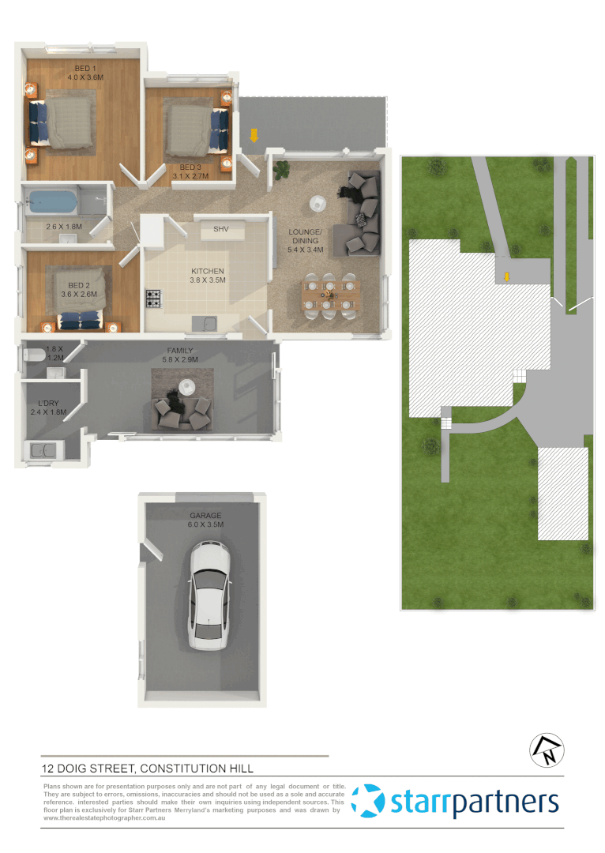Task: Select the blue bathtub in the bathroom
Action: [x=52, y=203]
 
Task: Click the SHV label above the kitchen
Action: [x=221, y=229]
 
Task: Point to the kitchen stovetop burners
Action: [x=153, y=299]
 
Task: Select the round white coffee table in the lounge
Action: [x=318, y=203]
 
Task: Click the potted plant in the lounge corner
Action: [x=281, y=167]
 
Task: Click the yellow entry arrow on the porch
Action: [x=254, y=135]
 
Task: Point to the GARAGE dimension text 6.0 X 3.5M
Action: [x=205, y=524]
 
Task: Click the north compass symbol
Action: [x=547, y=750]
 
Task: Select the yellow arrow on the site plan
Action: [x=507, y=276]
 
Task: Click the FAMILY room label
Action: [x=180, y=351]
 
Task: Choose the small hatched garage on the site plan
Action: [x=562, y=493]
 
